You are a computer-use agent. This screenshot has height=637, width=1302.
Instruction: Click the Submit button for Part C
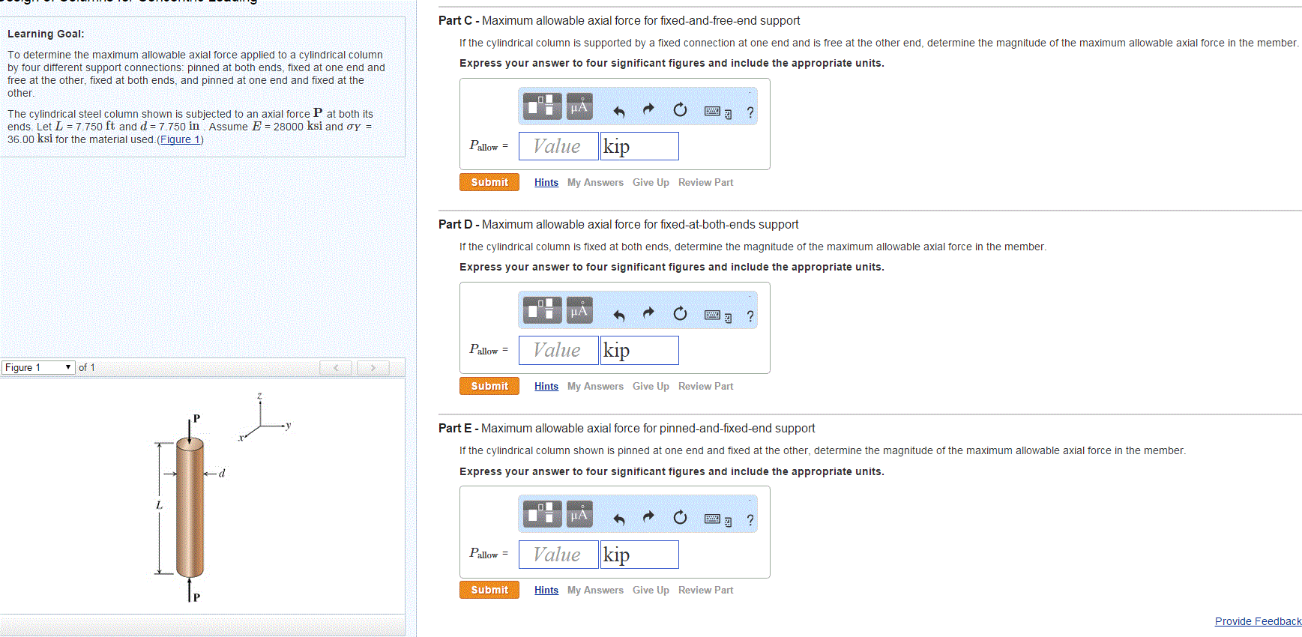click(x=489, y=182)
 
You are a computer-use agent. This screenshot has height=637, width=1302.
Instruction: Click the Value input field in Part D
click(x=558, y=350)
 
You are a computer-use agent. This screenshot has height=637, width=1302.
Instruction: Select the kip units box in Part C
click(x=639, y=146)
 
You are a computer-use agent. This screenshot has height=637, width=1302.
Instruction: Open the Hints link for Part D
click(x=546, y=386)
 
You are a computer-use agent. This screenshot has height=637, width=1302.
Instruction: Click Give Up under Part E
click(x=651, y=590)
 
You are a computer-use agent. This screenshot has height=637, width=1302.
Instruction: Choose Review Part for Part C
click(x=705, y=182)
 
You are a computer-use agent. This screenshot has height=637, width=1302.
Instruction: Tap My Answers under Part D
click(x=595, y=386)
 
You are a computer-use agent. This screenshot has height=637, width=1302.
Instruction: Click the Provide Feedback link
click(x=1258, y=621)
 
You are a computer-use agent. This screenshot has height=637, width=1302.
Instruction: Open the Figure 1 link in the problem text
click(x=180, y=139)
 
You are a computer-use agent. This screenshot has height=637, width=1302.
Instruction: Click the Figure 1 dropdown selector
click(x=37, y=367)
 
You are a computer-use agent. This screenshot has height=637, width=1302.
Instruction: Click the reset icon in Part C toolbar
click(x=680, y=110)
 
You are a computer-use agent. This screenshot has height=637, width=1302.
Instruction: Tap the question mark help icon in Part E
click(x=750, y=520)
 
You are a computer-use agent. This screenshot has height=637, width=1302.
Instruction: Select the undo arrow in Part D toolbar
click(x=619, y=315)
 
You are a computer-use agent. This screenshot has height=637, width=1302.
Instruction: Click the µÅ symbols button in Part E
click(x=579, y=515)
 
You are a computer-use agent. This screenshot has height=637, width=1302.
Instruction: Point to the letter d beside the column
click(x=222, y=473)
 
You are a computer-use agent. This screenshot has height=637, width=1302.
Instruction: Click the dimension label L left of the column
click(x=159, y=505)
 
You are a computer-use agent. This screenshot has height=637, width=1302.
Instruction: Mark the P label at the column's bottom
click(x=196, y=597)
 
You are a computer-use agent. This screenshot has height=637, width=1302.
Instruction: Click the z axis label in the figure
click(x=259, y=396)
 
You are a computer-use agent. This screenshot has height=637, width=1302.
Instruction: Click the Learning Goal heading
click(x=46, y=34)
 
